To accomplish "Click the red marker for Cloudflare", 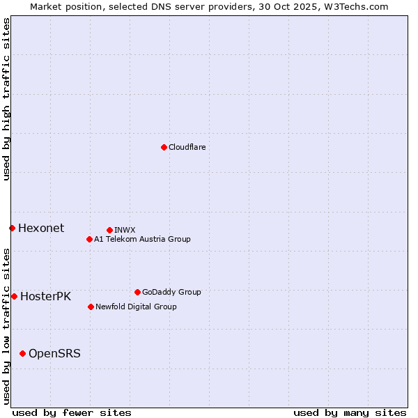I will [164, 147].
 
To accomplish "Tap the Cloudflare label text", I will [187, 147].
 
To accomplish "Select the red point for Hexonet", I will [12, 228].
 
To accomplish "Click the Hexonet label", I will [41, 228].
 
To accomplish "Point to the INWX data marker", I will [109, 230].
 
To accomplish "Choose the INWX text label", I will [125, 230].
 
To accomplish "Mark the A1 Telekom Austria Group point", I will [89, 239].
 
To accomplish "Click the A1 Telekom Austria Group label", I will [142, 239].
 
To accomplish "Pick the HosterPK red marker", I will [14, 296].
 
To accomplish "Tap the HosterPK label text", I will [45, 296].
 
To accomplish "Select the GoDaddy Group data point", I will [137, 292].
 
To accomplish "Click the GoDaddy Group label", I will [171, 292].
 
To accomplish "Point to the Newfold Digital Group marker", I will [91, 307].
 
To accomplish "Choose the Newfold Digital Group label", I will [136, 307].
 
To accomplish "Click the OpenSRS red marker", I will [22, 353].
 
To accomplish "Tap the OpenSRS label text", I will [54, 353].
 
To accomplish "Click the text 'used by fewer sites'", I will [72, 412].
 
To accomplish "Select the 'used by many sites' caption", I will [350, 412].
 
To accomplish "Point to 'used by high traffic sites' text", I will [7, 99].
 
